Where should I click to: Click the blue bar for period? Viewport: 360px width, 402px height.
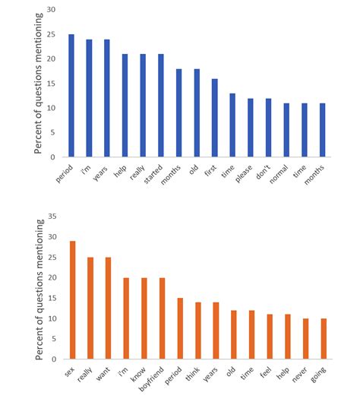(71, 96)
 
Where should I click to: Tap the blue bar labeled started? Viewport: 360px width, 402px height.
(161, 106)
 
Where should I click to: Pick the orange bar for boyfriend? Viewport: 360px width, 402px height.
(161, 318)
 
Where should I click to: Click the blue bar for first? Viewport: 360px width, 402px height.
(215, 118)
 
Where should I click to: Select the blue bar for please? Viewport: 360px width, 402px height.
(251, 128)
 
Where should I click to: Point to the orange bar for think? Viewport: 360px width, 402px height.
(197, 331)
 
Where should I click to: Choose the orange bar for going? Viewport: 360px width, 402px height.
(322, 339)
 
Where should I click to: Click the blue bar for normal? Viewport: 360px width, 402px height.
(286, 130)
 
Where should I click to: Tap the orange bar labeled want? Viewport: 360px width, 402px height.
(107, 308)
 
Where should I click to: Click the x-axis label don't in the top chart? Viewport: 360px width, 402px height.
(266, 173)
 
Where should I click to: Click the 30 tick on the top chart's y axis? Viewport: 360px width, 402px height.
(50, 10)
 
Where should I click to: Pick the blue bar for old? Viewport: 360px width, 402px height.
(197, 113)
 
